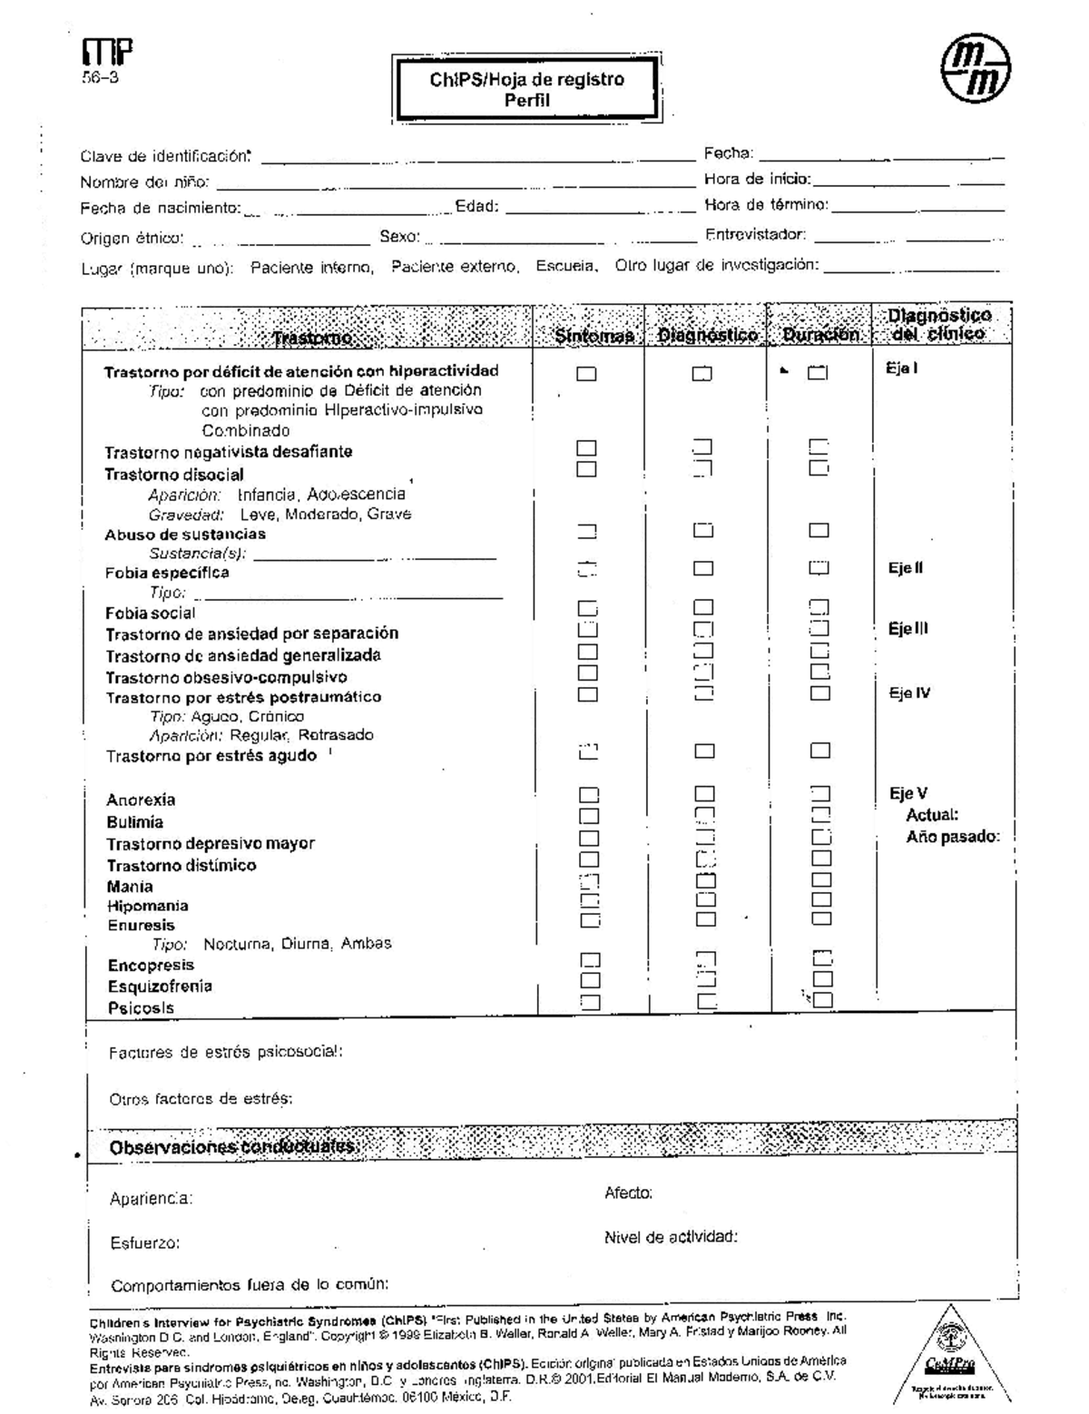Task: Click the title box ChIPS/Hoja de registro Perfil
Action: coord(526,89)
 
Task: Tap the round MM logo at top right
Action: coord(976,70)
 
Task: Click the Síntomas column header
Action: coord(594,335)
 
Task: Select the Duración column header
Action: coord(820,335)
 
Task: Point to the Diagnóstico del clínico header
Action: coord(939,324)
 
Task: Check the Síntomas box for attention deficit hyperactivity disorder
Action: coord(587,373)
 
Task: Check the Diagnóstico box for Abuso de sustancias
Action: coord(703,531)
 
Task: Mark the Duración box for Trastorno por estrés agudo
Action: coord(820,751)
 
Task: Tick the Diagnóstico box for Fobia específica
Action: coord(703,569)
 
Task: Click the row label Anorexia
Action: coord(141,800)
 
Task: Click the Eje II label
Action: coord(906,569)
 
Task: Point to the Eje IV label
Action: coord(909,693)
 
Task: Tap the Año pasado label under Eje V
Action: coord(952,837)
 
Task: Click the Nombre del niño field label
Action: coord(145,182)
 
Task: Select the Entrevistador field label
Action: coord(755,235)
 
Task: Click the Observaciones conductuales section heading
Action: coord(234,1148)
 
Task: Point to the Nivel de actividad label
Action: coord(671,1237)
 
